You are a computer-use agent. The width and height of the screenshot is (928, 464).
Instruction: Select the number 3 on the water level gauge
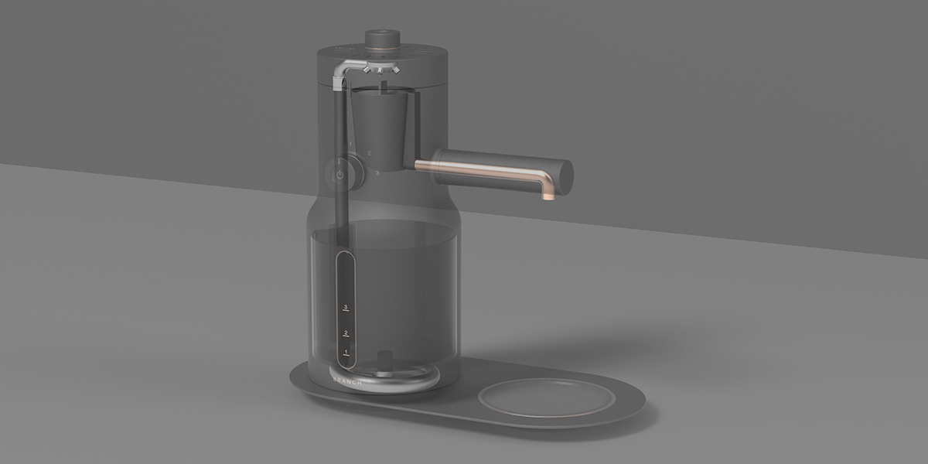click(346, 308)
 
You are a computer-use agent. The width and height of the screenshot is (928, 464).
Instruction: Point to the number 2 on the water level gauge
click(346, 333)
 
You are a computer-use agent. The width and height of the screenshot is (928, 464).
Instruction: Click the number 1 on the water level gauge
click(346, 352)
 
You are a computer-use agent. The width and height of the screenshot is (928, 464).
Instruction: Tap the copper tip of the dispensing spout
click(549, 195)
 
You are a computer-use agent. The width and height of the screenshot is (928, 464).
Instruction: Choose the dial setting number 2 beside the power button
click(369, 154)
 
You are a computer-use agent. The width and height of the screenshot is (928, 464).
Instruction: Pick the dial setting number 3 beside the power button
click(377, 174)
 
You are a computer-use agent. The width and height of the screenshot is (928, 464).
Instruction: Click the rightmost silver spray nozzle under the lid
click(395, 70)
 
